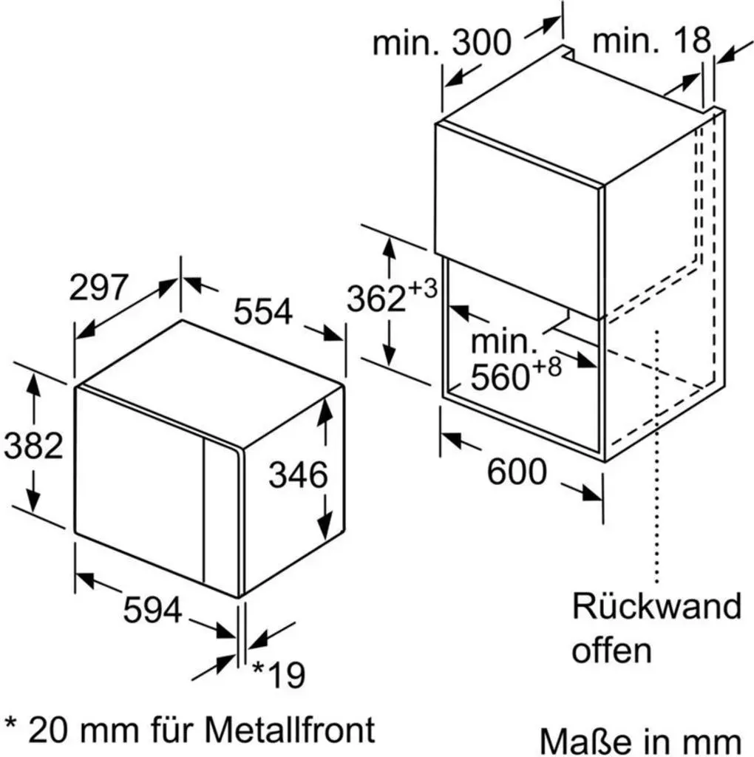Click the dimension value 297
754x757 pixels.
coord(98,288)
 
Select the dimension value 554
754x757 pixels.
coord(263,311)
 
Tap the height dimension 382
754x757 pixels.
coord(33,446)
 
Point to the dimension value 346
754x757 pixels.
coord(298,475)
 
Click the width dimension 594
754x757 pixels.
coord(152,610)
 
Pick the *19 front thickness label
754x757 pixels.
coord(279,674)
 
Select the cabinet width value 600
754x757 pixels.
coord(517,472)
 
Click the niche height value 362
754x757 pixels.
coord(376,299)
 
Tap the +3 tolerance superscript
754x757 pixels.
coord(423,289)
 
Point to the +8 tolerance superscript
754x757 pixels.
coord(548,367)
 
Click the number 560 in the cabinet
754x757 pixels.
coord(500,377)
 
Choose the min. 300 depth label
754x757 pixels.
coord(442,42)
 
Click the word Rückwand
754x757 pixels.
coord(656,606)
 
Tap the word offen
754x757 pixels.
coord(611,650)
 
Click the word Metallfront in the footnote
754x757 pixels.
coord(290,729)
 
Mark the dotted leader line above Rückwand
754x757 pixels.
coord(656,456)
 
